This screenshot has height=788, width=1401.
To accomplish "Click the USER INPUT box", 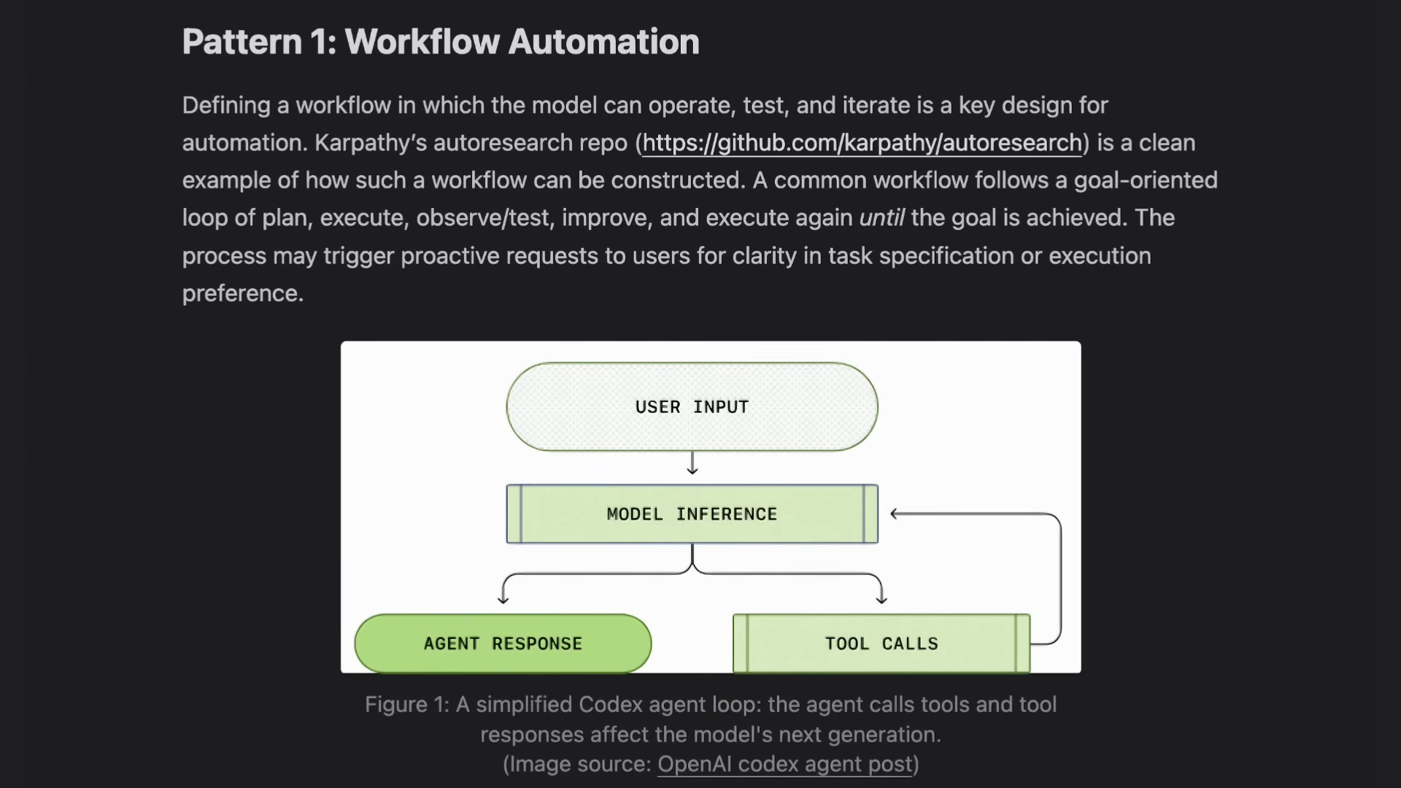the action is coord(692,406).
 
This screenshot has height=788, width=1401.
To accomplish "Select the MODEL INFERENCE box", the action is coord(692,514).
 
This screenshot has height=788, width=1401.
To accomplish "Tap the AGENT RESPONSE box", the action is coord(503,644).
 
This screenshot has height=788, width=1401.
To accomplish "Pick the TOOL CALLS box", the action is coord(881,644).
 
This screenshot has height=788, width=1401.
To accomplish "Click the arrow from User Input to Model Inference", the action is coord(692,463).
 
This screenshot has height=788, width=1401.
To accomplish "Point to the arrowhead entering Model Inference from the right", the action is coord(895,514).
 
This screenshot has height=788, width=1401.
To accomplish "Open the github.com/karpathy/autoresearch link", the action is coord(862,143).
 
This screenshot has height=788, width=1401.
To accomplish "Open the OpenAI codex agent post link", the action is coord(785,764).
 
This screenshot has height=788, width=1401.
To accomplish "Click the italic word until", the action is coord(881,217).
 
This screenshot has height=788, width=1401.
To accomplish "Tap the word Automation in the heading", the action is coord(604,42).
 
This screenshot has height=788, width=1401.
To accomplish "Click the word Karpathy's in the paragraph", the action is coord(371,143).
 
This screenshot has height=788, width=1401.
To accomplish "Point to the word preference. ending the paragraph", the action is coord(243,293).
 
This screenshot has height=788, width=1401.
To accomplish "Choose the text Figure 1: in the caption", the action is coord(407,705).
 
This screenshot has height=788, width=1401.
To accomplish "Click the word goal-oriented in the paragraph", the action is coord(1146,180).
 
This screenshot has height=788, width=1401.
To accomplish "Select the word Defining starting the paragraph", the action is coord(226,106).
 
